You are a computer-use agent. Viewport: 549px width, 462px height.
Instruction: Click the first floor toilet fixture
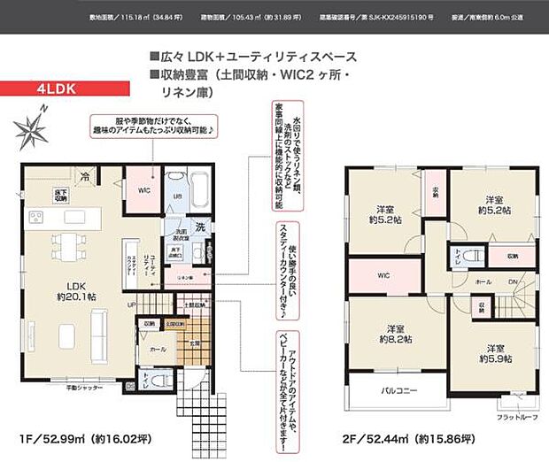pyautogui.click(x=159, y=375)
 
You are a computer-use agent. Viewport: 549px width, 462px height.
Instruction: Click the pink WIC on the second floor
pyautogui.click(x=383, y=275)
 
